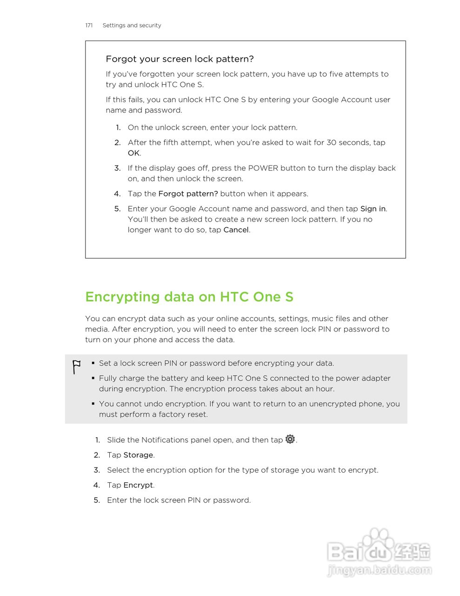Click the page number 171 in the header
pos(89,26)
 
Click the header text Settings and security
pos(132,26)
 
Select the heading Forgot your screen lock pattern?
pos(180,59)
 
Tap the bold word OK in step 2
pos(133,153)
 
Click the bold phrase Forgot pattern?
pos(188,194)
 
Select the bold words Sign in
pos(373,209)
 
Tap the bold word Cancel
pos(236,230)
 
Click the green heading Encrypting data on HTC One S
pos(189,297)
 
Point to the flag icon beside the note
pos(76,367)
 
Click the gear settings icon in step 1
pos(290,439)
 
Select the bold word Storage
pos(138,455)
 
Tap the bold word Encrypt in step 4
pos(138,485)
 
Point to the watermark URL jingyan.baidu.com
pos(379,570)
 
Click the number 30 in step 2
pos(331,142)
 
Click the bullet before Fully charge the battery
pos(93,378)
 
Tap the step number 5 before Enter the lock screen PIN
pos(97,500)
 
